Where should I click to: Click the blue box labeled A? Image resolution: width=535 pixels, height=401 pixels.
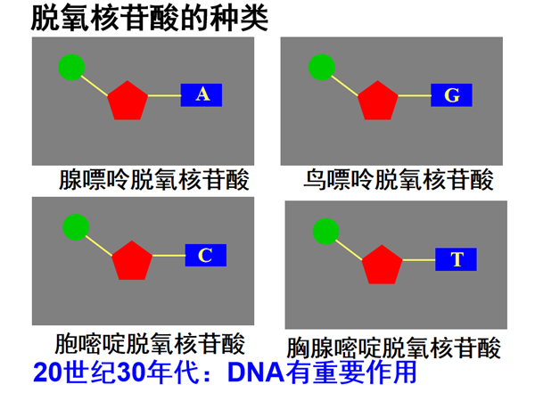click(x=202, y=95)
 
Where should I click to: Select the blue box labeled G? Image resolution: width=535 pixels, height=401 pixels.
click(x=451, y=95)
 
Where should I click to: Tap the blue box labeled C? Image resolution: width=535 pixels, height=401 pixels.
click(x=206, y=255)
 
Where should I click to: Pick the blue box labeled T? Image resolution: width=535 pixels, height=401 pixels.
click(x=456, y=259)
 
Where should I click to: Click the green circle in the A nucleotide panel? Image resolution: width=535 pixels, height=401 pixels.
click(x=71, y=67)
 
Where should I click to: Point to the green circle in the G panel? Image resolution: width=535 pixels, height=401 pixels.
click(x=322, y=67)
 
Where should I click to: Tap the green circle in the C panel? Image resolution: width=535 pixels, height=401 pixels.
click(x=76, y=227)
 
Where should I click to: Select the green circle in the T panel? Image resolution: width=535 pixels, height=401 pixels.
click(x=325, y=232)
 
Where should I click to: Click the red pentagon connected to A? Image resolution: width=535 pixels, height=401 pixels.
click(x=128, y=101)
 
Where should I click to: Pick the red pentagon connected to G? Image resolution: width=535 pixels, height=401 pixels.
click(x=378, y=101)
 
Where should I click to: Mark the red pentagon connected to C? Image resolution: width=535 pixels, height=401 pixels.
click(x=132, y=261)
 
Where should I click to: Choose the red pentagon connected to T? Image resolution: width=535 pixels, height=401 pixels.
click(x=383, y=265)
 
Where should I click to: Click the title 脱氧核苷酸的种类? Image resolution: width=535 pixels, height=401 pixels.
click(x=150, y=19)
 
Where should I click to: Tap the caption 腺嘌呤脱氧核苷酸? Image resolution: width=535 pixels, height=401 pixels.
click(x=154, y=179)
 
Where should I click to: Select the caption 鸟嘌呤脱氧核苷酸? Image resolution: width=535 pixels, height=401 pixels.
click(x=399, y=179)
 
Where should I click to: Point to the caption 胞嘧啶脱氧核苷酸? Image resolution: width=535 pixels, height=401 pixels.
click(x=150, y=343)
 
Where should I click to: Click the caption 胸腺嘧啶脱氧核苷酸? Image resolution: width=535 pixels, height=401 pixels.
click(x=393, y=348)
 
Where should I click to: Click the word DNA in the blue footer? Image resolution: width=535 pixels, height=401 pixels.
click(x=256, y=372)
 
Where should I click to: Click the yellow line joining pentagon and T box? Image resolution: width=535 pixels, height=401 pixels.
click(x=419, y=260)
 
